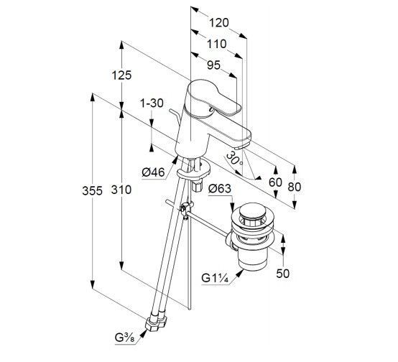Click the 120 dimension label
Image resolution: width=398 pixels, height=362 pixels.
click(219, 23)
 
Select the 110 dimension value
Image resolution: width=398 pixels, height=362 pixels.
click(216, 44)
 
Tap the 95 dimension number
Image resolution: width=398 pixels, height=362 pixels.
click(213, 65)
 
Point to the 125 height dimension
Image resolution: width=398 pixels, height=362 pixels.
click(122, 75)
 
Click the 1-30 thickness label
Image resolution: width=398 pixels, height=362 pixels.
click(152, 103)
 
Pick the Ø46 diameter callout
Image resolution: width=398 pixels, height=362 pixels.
click(153, 172)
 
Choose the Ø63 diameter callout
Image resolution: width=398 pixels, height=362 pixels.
click(220, 189)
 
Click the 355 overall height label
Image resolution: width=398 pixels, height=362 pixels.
click(93, 190)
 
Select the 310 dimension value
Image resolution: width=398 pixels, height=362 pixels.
click(121, 190)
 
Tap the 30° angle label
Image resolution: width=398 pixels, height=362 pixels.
click(235, 158)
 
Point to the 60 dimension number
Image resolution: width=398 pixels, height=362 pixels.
click(275, 182)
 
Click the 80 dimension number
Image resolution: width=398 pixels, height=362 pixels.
click(295, 187)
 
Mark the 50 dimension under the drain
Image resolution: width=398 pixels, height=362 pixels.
click(283, 274)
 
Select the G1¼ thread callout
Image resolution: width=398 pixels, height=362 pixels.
click(216, 278)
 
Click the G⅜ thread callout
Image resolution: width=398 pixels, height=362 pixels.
click(124, 338)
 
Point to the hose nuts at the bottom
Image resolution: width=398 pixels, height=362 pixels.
click(156, 323)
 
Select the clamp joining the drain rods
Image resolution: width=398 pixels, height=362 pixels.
click(186, 209)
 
